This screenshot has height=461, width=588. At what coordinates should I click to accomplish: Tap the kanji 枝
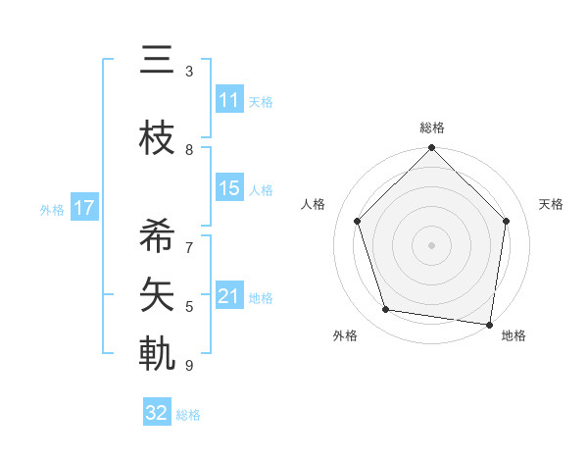pos(157,139)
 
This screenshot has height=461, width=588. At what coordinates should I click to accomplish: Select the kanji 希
pos(157,235)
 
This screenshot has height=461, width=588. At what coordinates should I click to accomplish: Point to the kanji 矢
pos(157,292)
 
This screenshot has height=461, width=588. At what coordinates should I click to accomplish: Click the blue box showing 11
pos(229,100)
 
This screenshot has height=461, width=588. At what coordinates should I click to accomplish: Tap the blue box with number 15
pos(229,188)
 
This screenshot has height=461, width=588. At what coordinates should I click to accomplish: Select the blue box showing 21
pos(229,296)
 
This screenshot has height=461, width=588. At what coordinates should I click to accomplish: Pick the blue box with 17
pos(83,208)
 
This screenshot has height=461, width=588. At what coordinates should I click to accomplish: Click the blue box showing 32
pos(157,413)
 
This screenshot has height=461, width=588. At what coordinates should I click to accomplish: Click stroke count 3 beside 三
pos(189,72)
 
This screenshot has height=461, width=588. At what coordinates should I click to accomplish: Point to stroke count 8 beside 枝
pos(189,150)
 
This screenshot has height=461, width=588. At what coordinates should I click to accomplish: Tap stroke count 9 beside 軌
pos(189,366)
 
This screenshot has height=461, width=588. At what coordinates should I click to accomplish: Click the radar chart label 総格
pos(431,128)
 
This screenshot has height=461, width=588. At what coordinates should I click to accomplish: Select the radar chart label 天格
pos(551,204)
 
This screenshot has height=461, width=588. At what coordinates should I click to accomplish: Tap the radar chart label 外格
pos(345,335)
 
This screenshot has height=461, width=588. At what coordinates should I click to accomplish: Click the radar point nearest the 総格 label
pos(431,149)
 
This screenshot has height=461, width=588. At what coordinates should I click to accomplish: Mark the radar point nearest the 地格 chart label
pos(490,324)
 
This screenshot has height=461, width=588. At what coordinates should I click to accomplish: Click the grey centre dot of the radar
pos(431,244)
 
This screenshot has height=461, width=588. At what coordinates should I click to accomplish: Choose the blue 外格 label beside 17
pos(52,209)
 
